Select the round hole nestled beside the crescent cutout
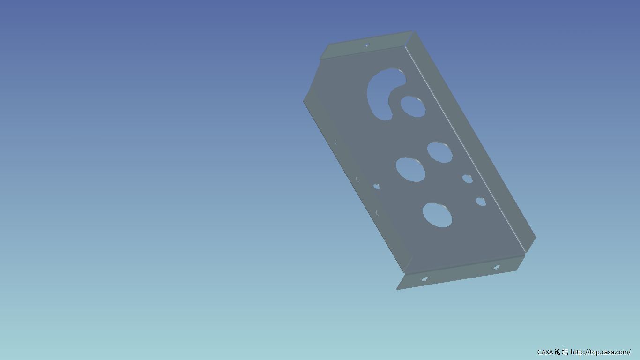pyautogui.click(x=413, y=107)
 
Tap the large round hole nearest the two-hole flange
pyautogui.click(x=437, y=215)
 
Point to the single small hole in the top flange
pyautogui.click(x=367, y=45)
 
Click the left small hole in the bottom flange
pyautogui.click(x=425, y=279)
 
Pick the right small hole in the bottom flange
pyautogui.click(x=497, y=267)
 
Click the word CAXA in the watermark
pyautogui.click(x=545, y=352)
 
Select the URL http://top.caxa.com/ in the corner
pyautogui.click(x=601, y=352)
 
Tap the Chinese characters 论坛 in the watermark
pyautogui.click(x=561, y=352)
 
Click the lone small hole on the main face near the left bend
pyautogui.click(x=377, y=187)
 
